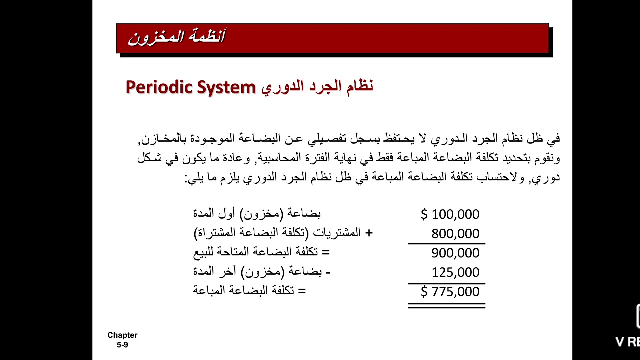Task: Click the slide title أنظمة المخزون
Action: coord(176,37)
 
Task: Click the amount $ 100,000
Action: coord(450,214)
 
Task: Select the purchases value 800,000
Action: coord(455,234)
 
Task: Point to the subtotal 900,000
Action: coord(455,253)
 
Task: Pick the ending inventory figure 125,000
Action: coord(455,273)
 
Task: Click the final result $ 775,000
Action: coord(450,292)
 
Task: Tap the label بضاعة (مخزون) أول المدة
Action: coord(257,214)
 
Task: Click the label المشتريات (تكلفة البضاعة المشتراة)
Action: coord(278,233)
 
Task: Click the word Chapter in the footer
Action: coord(122,335)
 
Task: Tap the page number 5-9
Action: coord(122,345)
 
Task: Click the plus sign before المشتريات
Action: coord(369,233)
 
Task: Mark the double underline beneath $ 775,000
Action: coord(446,305)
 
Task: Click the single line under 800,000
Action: coord(446,244)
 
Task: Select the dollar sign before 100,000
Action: coord(424,214)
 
